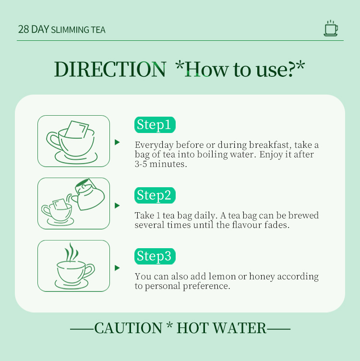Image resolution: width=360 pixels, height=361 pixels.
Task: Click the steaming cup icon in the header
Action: pyautogui.click(x=331, y=28)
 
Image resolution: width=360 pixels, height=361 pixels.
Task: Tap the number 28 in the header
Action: pyautogui.click(x=24, y=29)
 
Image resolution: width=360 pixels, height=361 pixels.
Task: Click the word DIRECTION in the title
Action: pyautogui.click(x=110, y=69)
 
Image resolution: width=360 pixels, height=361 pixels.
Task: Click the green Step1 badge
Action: pyautogui.click(x=155, y=125)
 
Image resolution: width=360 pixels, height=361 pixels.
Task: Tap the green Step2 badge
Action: pyautogui.click(x=155, y=195)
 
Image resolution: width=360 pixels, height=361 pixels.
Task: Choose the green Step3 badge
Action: pyautogui.click(x=155, y=256)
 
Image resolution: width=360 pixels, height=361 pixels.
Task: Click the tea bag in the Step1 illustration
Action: pyautogui.click(x=77, y=130)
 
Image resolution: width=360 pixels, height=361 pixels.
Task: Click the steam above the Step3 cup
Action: pyautogui.click(x=71, y=253)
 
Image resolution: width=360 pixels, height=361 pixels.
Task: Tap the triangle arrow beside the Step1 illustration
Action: pyautogui.click(x=117, y=142)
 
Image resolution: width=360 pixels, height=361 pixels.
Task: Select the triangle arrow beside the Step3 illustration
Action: pyautogui.click(x=117, y=268)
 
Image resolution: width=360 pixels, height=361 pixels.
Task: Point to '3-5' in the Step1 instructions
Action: pyautogui.click(x=141, y=164)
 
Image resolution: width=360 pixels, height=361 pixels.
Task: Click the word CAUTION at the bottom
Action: pyautogui.click(x=128, y=328)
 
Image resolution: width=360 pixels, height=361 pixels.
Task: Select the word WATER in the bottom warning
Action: pyautogui.click(x=240, y=328)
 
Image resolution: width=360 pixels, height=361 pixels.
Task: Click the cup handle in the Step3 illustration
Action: pyautogui.click(x=90, y=270)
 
